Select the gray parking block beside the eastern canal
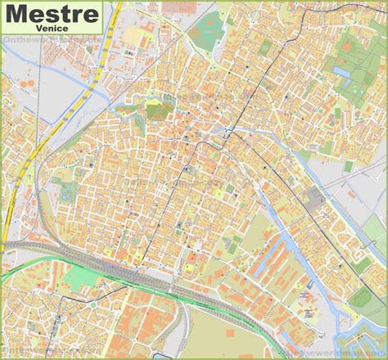coord(313,196)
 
